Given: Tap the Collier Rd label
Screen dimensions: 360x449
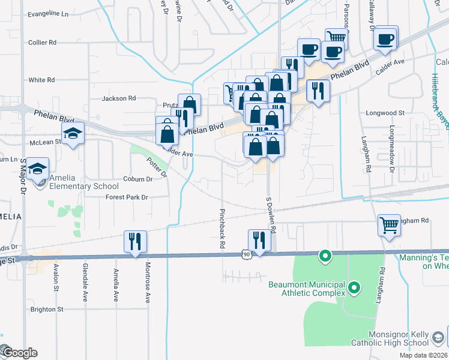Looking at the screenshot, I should pos(42,43).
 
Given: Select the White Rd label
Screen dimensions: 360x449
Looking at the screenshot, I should pos(41,80).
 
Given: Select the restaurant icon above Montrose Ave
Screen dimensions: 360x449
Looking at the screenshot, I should pos(135,241).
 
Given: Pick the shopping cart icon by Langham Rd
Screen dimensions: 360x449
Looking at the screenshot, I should pos(389,226).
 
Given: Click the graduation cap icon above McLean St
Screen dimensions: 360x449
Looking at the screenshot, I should pos(73,134).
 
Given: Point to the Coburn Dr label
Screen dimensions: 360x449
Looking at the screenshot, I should pos(138,179).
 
